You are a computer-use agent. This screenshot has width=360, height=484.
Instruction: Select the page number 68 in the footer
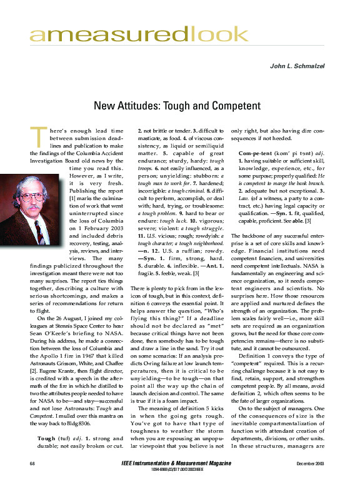[x=32, y=463]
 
